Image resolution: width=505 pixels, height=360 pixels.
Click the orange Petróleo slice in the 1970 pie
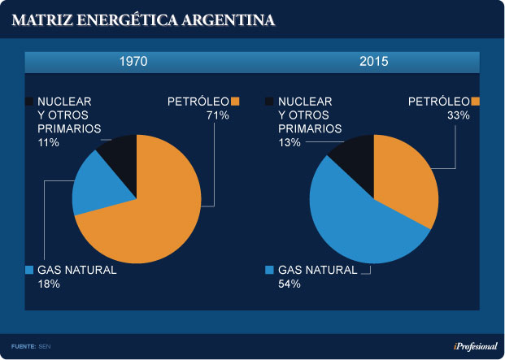(167, 211)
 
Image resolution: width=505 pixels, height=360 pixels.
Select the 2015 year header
(373, 62)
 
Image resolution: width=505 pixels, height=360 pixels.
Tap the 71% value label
(218, 115)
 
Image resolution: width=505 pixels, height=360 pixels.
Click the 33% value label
(459, 115)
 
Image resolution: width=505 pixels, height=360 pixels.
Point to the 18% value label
(50, 284)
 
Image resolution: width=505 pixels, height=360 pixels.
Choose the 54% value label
(290, 284)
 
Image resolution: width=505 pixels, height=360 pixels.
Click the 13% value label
(290, 142)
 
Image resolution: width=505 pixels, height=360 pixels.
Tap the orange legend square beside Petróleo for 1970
(236, 102)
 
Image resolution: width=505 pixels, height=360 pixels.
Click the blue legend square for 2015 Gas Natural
(269, 270)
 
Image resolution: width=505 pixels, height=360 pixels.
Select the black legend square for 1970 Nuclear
(29, 102)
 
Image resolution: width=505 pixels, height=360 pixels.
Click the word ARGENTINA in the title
(226, 19)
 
